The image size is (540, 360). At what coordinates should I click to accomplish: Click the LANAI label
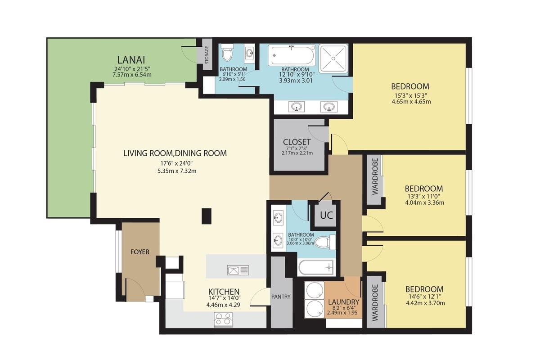(131, 60)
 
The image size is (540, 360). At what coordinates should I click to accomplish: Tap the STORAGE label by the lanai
(207, 55)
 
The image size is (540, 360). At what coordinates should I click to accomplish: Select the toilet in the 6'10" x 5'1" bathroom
(227, 52)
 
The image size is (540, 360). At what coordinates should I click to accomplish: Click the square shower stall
(333, 58)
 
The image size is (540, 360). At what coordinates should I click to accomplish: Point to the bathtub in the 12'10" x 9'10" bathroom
(292, 55)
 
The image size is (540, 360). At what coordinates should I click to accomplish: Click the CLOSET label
(297, 142)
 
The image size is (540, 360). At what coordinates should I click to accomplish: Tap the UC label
(326, 215)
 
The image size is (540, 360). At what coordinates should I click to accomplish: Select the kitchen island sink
(238, 270)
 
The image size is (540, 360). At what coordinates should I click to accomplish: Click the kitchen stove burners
(223, 320)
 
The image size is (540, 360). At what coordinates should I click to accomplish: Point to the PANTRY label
(281, 297)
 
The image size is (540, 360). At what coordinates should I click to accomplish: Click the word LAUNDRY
(343, 302)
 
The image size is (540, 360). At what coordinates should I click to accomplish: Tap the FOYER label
(139, 252)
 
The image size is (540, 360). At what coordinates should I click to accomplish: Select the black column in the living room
(207, 216)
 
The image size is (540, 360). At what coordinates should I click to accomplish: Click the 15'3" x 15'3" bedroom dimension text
(411, 95)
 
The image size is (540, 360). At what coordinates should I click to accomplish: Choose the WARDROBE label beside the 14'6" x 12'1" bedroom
(375, 303)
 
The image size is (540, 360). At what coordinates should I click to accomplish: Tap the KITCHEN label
(224, 292)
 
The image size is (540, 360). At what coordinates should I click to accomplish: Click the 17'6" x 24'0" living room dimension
(176, 163)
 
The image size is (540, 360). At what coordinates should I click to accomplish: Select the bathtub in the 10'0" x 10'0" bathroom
(316, 267)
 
